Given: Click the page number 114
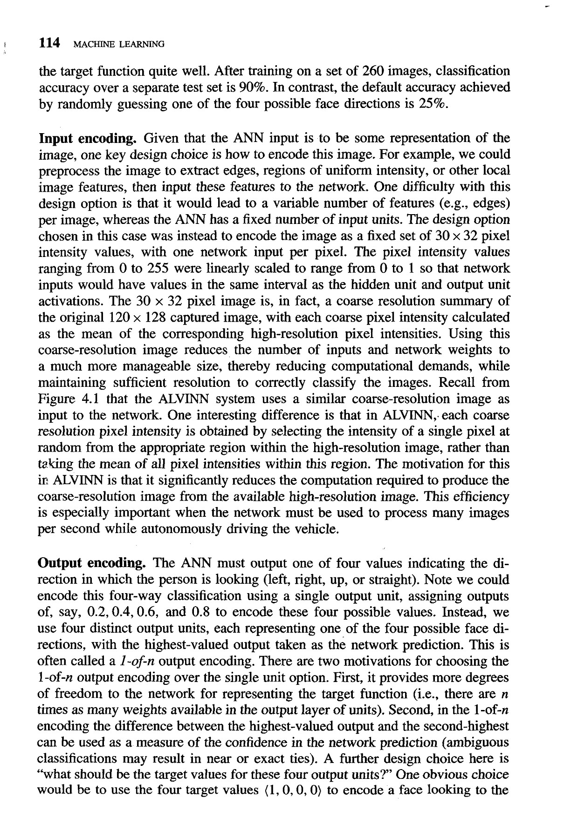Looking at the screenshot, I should point(49,43).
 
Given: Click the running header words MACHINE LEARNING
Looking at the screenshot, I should point(118,45).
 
